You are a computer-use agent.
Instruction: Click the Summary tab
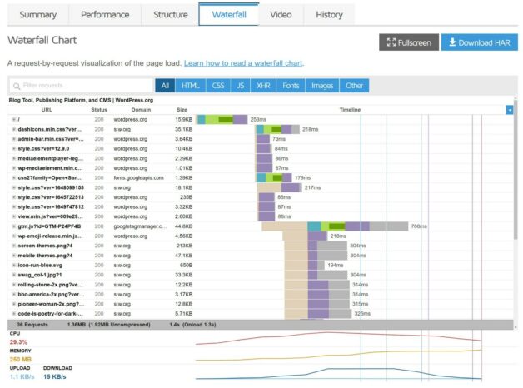pyautogui.click(x=37, y=14)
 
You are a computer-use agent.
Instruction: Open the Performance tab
pyautogui.click(x=105, y=14)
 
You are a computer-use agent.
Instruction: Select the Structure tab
pyautogui.click(x=170, y=14)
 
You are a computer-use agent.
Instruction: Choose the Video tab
pyautogui.click(x=281, y=14)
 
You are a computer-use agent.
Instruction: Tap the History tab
pyautogui.click(x=329, y=14)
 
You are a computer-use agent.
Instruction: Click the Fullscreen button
pyautogui.click(x=408, y=42)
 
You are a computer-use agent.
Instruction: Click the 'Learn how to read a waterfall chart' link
pyautogui.click(x=243, y=63)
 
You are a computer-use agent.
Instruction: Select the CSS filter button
pyautogui.click(x=218, y=86)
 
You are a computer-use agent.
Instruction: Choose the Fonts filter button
pyautogui.click(x=291, y=86)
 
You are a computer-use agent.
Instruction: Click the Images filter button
pyautogui.click(x=322, y=86)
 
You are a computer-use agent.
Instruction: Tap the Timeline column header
pyautogui.click(x=350, y=109)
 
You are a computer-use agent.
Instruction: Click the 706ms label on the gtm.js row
pyautogui.click(x=419, y=226)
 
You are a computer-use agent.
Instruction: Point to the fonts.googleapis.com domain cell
pyautogui.click(x=135, y=177)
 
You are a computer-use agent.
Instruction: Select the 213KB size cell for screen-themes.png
pyautogui.click(x=184, y=246)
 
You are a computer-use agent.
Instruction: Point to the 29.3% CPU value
pyautogui.click(x=18, y=341)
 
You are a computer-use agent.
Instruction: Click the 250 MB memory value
pyautogui.click(x=21, y=359)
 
